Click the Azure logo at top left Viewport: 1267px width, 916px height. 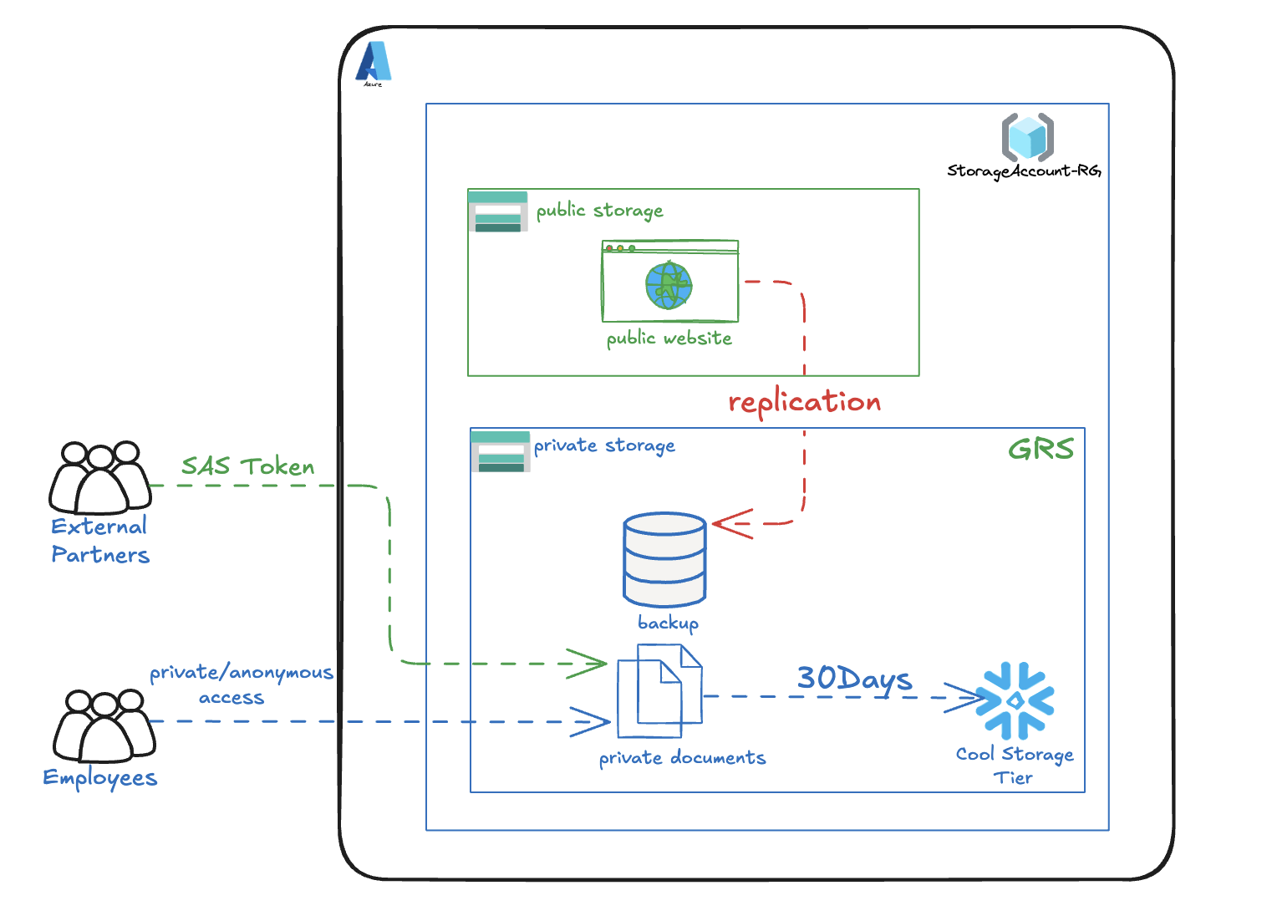pyautogui.click(x=374, y=63)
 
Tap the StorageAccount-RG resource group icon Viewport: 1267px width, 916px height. pyautogui.click(x=1027, y=137)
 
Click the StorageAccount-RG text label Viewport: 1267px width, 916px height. pyautogui.click(x=1024, y=171)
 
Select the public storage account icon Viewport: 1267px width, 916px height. pyautogui.click(x=498, y=211)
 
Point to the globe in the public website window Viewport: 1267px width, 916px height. pyautogui.click(x=669, y=286)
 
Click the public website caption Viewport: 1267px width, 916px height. pyautogui.click(x=669, y=338)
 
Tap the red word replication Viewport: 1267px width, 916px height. pyautogui.click(x=804, y=402)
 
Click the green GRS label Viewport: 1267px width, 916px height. pyautogui.click(x=1041, y=450)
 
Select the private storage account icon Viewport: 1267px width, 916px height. pyautogui.click(x=501, y=451)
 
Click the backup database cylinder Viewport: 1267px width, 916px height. pyautogui.click(x=664, y=559)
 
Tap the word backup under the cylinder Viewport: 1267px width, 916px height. pyautogui.click(x=668, y=623)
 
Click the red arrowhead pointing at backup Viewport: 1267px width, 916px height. pyautogui.click(x=730, y=524)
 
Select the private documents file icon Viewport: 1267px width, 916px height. pyautogui.click(x=659, y=691)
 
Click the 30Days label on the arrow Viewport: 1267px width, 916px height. pyautogui.click(x=853, y=679)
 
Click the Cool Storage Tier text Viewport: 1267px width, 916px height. pyautogui.click(x=1014, y=766)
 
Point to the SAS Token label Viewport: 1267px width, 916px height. pyautogui.click(x=248, y=466)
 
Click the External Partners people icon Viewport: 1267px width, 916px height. pyautogui.click(x=100, y=478)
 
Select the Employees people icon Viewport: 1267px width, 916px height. pyautogui.click(x=104, y=725)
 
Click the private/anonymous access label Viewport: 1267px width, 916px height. pyautogui.click(x=240, y=684)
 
